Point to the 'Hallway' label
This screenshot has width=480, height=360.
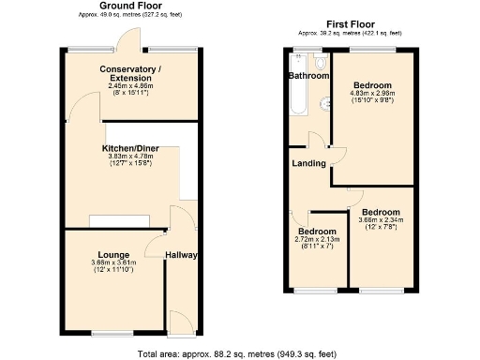(x=180, y=254)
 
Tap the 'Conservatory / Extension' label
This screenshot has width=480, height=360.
(x=131, y=74)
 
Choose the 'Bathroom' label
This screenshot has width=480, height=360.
(x=307, y=75)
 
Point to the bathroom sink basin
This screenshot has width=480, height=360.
(x=325, y=104)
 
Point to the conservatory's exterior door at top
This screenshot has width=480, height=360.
(x=125, y=41)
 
